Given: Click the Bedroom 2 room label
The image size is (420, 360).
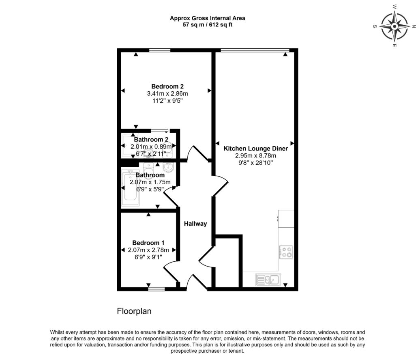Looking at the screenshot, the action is [167, 86].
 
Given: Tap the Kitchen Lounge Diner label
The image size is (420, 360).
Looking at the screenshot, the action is [255, 149].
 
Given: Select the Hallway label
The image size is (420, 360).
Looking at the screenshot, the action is [195, 224].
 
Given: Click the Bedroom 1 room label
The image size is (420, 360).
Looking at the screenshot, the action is [148, 243].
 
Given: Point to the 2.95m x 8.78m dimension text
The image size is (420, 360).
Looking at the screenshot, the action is [255, 155].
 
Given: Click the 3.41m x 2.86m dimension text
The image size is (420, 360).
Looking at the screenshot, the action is [167, 94].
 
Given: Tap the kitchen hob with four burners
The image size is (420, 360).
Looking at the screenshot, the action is [286, 252].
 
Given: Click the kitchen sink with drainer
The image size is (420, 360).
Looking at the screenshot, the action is [268, 280].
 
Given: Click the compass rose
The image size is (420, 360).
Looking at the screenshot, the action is [394, 26].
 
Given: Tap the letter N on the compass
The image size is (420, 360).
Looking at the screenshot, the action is [414, 26].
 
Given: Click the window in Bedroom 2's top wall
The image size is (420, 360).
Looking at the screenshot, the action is [160, 50].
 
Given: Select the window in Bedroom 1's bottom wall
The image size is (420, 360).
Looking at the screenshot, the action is [157, 289].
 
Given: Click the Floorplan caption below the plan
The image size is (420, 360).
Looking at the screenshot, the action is [134, 311].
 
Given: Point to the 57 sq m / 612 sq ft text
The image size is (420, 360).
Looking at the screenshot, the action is [207, 25].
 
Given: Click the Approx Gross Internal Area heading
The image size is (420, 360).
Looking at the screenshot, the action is [207, 18].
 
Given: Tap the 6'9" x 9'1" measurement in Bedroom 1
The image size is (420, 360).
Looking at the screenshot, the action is [148, 257].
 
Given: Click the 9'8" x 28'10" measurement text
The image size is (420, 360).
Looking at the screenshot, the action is [255, 163].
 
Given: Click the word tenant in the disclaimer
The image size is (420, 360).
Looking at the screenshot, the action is [237, 351].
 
